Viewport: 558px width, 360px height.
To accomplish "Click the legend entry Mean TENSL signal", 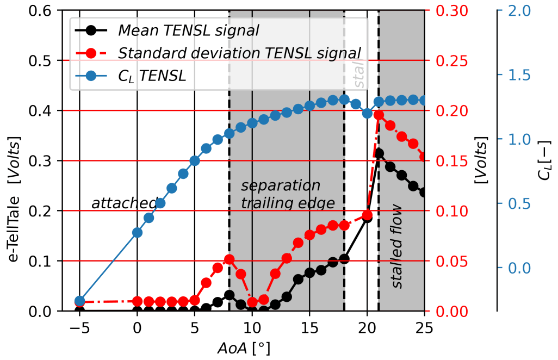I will (x=188, y=29).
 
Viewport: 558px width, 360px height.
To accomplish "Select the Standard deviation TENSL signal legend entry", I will (x=239, y=53).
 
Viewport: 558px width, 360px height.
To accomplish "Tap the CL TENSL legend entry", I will (x=152, y=77).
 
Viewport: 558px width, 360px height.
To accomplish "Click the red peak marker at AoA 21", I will (x=379, y=115).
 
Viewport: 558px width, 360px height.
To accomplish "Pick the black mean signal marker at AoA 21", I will (x=379, y=154).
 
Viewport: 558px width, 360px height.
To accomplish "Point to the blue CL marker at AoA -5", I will (x=79, y=301).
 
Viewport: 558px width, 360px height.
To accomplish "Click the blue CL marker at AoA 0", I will (x=137, y=233).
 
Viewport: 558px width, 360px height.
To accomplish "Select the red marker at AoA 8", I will (x=229, y=259).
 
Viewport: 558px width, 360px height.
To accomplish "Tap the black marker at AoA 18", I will (x=344, y=259).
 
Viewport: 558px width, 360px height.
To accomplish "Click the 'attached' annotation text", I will (x=124, y=203).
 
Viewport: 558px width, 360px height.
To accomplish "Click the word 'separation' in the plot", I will (x=281, y=186).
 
